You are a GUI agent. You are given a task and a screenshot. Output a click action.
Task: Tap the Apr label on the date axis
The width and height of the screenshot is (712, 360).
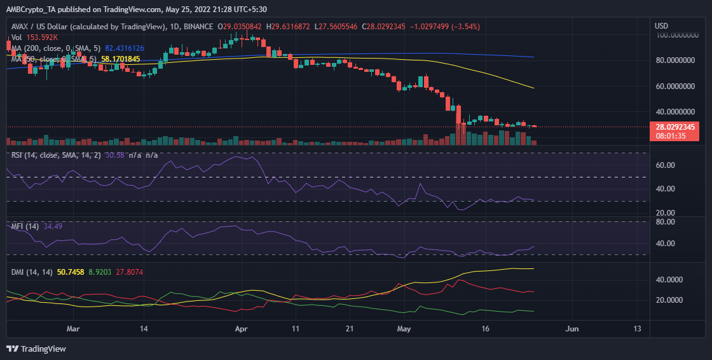[241, 329]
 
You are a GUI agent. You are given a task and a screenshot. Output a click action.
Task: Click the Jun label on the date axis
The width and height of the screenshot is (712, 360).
[572, 329]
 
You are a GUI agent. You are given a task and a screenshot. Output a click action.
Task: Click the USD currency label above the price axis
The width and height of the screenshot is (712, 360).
[662, 26]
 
